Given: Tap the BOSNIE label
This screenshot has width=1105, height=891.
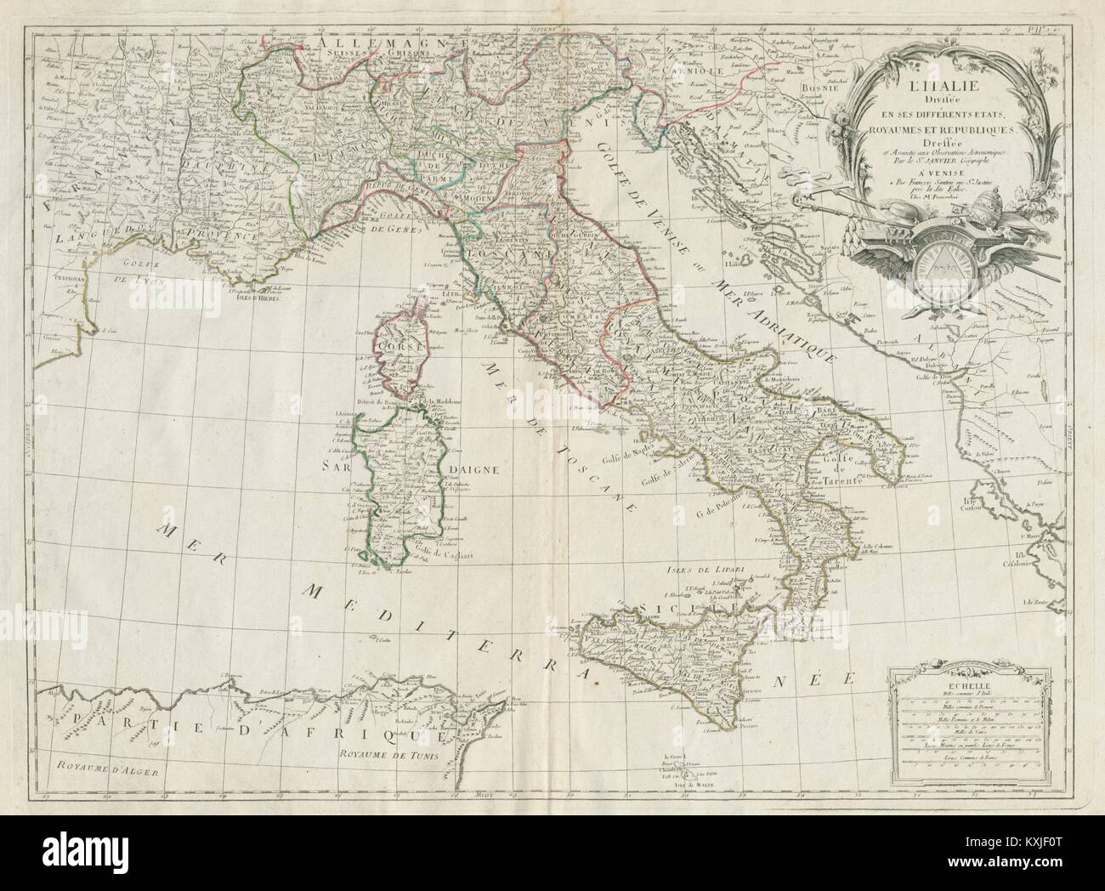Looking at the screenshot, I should (821, 86).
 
